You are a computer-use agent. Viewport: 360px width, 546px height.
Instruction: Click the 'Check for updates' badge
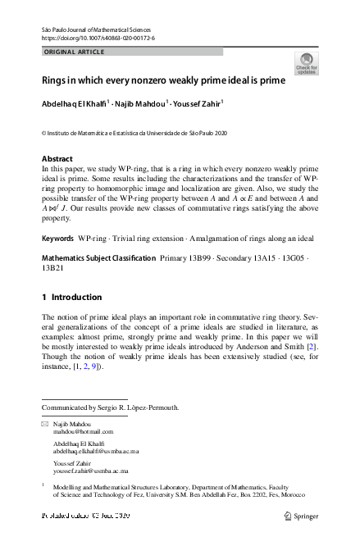[307, 63]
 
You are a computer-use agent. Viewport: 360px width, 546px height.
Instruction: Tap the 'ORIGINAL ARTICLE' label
[74, 52]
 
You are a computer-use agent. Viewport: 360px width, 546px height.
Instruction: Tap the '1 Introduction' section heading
[71, 297]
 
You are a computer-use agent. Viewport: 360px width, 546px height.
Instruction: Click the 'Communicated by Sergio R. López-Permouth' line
[110, 407]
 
